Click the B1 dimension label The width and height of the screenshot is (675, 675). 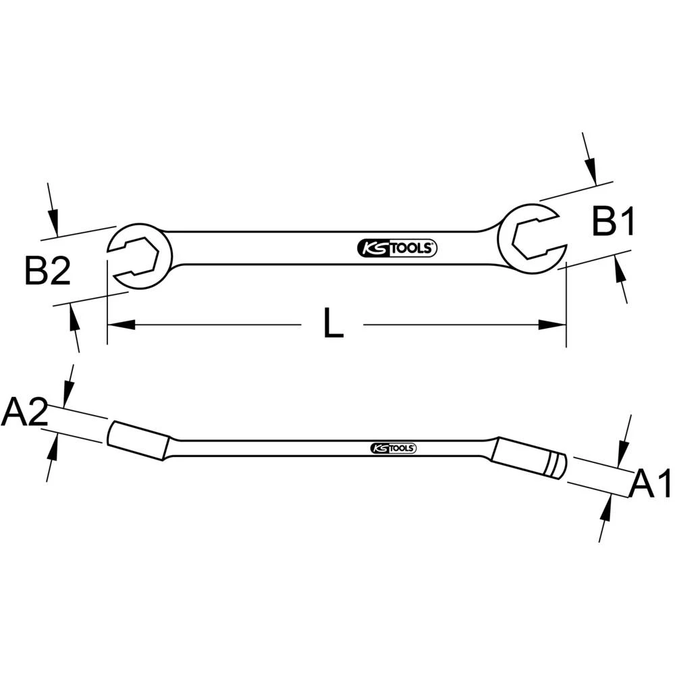pos(614,221)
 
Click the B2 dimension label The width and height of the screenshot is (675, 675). pos(48,271)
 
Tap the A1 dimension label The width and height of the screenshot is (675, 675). pos(651,485)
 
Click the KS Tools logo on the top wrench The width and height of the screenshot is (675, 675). pos(397,248)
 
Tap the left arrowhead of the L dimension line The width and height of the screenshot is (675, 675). pos(122,325)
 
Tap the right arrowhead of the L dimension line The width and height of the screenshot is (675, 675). pos(551,325)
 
